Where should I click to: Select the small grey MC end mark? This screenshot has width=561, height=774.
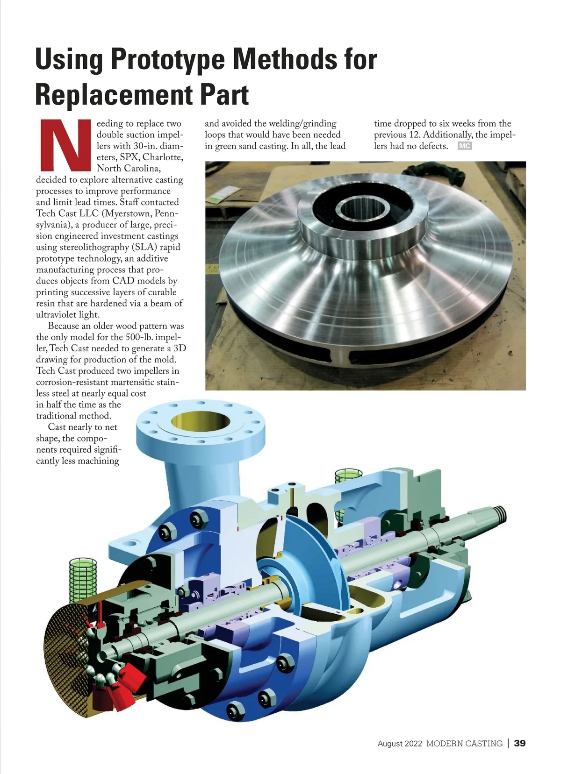(465, 146)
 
